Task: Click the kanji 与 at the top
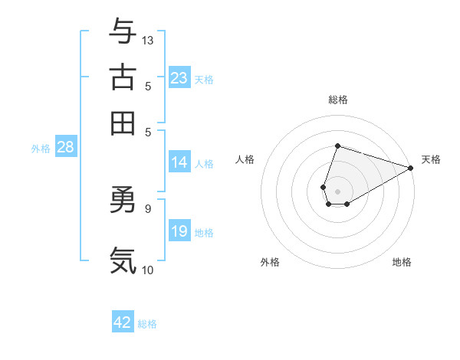(x=123, y=31)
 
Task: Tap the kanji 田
(x=123, y=122)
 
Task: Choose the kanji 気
(x=123, y=260)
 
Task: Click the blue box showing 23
(x=179, y=78)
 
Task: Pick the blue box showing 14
(x=179, y=162)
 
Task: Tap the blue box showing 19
(x=179, y=232)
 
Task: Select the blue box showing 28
(x=65, y=148)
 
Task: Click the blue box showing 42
(x=123, y=322)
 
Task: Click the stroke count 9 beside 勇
(x=147, y=208)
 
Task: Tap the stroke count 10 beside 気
(x=148, y=270)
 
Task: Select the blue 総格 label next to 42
(x=147, y=324)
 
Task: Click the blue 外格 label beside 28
(x=41, y=149)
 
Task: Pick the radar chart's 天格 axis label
(x=431, y=159)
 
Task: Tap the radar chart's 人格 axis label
(x=245, y=159)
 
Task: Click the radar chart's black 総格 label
(x=337, y=100)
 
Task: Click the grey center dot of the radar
(x=337, y=190)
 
